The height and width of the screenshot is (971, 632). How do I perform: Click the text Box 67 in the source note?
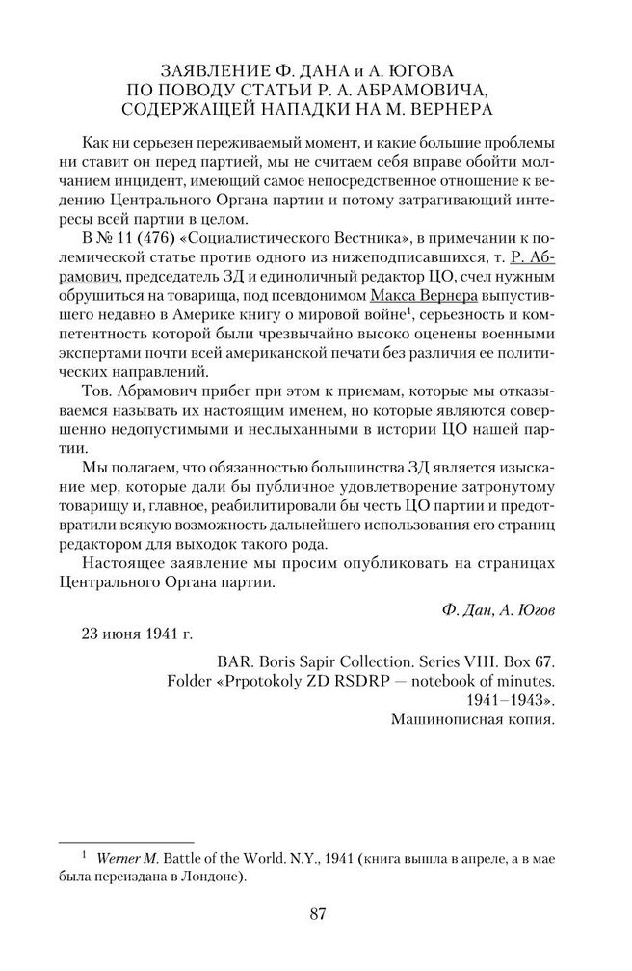click(x=532, y=661)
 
